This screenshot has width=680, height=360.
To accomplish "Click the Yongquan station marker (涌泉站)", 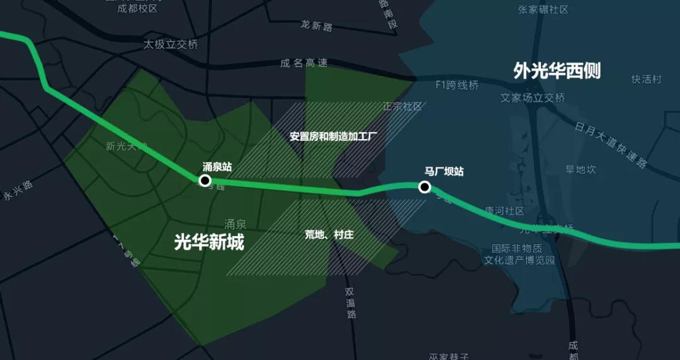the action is coord(205,181).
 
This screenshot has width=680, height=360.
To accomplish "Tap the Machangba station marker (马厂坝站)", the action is coord(424,187).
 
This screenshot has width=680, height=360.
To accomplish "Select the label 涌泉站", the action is coord(217,167).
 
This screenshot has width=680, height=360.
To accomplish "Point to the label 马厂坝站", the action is coord(444,171).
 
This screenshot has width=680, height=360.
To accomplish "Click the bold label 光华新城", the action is coord(209,242).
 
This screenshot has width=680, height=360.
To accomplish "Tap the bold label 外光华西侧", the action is coord(557,71).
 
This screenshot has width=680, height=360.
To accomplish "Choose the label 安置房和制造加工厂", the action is coord(333,136).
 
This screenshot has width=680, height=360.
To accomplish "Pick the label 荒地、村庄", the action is coord(329,235).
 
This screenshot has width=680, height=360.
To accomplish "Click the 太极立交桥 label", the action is coord(171,45).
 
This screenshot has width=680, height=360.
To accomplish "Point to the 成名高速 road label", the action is coord(304,63).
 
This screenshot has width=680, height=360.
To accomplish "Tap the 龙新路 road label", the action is coord(316,26).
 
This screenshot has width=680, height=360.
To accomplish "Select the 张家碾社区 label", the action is coord(543,9).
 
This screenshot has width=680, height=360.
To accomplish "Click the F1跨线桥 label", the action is coord(457,85).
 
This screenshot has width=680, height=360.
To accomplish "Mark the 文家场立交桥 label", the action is coord(533,98).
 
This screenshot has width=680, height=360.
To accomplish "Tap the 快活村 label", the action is coord(647,79).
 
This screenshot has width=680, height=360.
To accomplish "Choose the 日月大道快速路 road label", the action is coord(611,145).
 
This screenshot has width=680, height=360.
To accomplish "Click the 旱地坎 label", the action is coord(581,169).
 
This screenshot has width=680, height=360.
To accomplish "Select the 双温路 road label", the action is coord(351,303).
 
